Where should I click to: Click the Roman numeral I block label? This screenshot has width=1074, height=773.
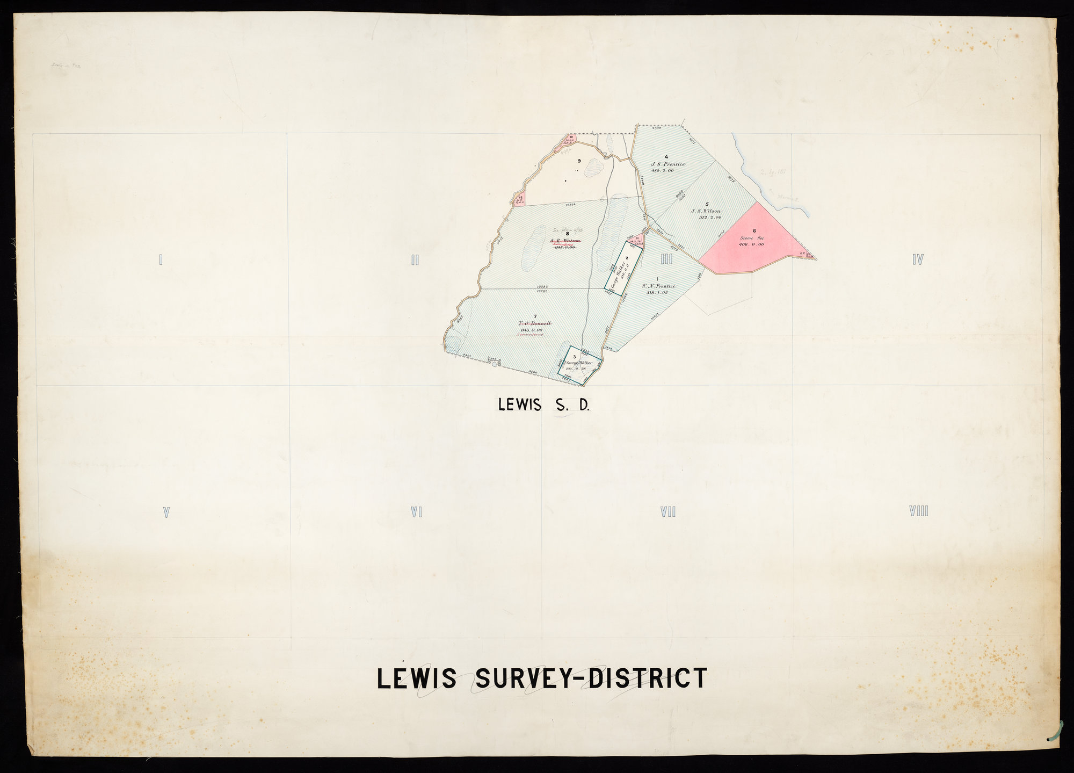161,261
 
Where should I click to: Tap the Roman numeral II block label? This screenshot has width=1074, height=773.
415,261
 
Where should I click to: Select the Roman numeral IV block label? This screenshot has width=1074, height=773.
917,260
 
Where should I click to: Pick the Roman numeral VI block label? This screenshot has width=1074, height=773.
416,512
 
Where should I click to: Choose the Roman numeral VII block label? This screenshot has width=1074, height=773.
667,512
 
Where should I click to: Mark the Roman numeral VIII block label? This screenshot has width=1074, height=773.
919,511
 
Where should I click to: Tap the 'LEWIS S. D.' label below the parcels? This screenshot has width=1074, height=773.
543,405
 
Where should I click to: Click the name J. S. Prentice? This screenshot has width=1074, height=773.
668,164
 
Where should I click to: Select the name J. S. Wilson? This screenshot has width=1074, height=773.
706,211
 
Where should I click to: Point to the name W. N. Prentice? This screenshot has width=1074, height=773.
658,286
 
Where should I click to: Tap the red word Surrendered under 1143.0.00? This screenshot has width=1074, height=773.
531,334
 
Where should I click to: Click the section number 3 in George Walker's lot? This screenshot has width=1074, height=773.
575,357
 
